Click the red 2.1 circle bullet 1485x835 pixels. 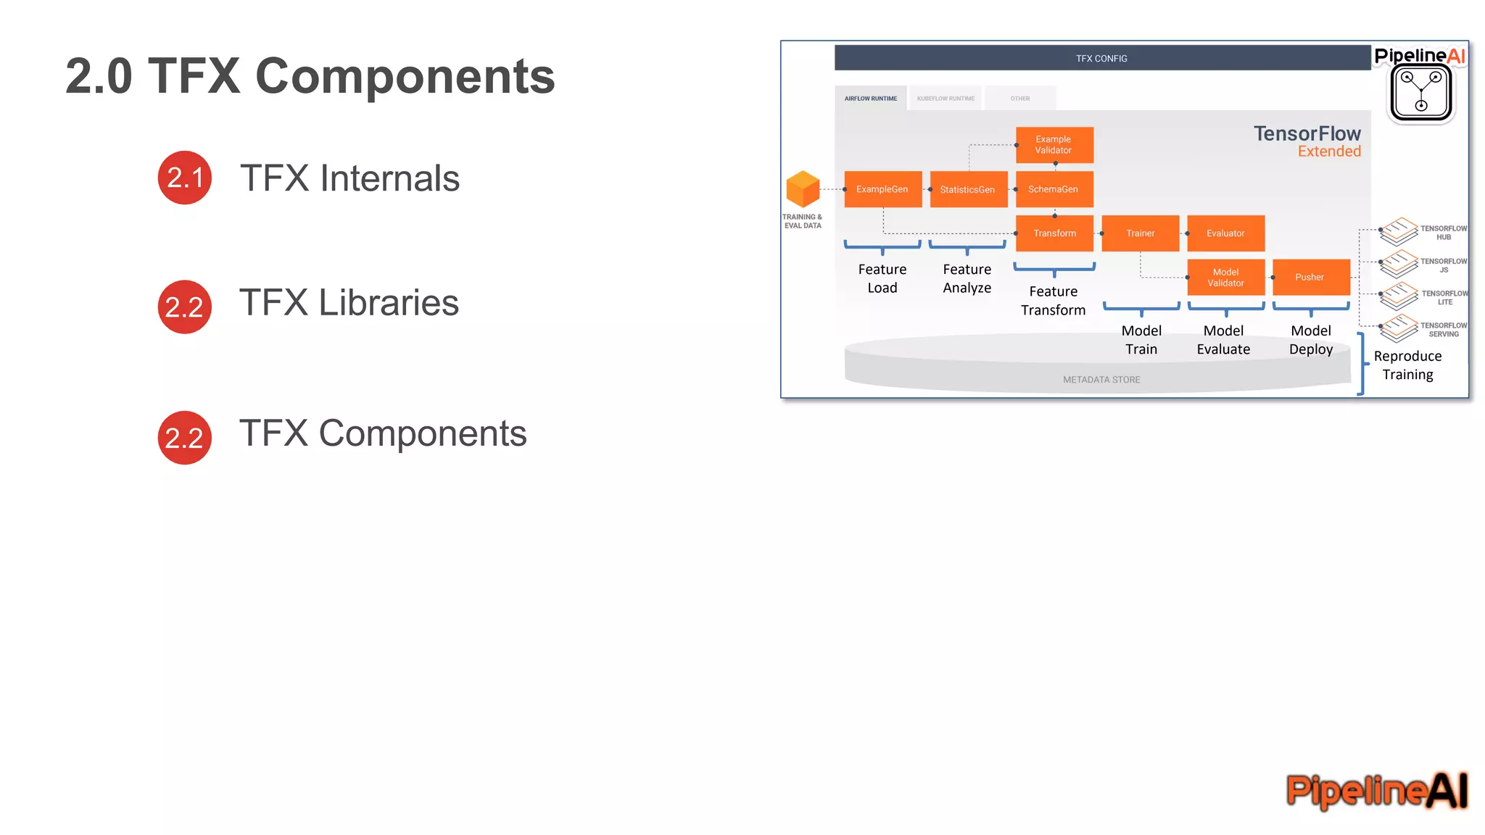tap(184, 178)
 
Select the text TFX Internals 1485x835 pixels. tap(349, 178)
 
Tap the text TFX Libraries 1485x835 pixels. tap(349, 303)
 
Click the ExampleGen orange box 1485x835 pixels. tap(882, 189)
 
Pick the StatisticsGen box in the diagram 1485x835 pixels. tap(968, 189)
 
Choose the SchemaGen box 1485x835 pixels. tap(1054, 189)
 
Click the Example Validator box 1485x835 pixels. tap(1054, 145)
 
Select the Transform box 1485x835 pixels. tap(1054, 233)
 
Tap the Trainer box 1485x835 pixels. tap(1140, 233)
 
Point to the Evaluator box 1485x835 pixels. tap(1225, 233)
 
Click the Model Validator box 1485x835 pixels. tap(1225, 278)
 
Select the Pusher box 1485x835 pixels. tap(1310, 278)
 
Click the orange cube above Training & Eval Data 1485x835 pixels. tap(803, 189)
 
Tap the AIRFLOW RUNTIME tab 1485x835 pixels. tap(870, 99)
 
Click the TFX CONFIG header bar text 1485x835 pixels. tap(1101, 59)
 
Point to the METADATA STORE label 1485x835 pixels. tap(1101, 380)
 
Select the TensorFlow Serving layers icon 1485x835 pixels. tap(1398, 328)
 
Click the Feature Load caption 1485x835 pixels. tap(882, 278)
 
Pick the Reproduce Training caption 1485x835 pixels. tap(1407, 365)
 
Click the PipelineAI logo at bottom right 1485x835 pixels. tap(1376, 790)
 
